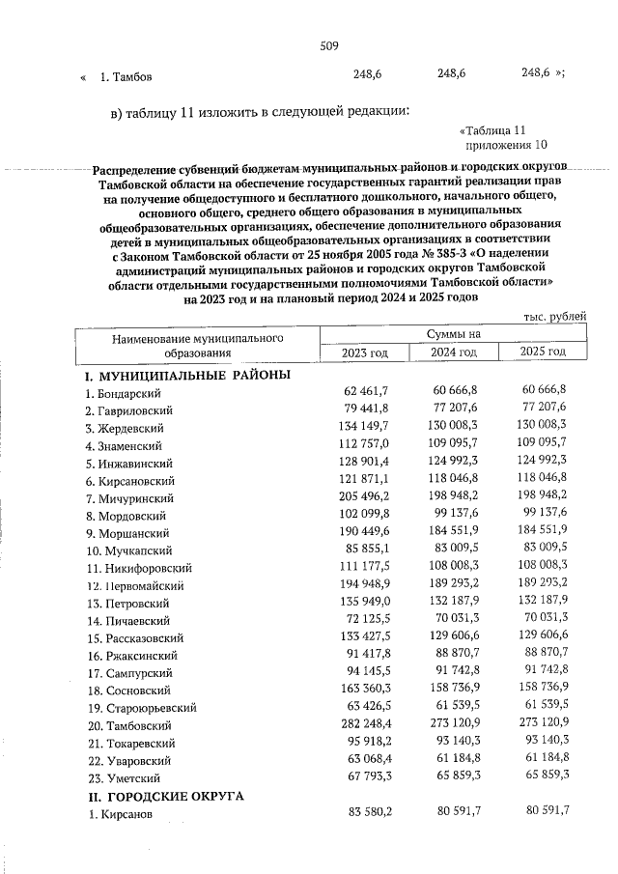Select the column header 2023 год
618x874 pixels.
(364, 353)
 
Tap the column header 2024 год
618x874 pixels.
(454, 353)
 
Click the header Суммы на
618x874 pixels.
(454, 334)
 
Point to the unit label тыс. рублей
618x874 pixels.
(553, 316)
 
